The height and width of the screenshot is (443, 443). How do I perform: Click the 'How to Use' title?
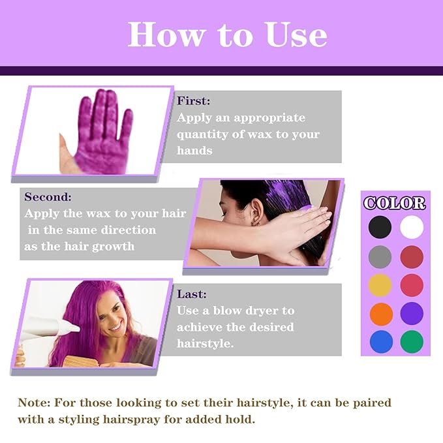pos(227,34)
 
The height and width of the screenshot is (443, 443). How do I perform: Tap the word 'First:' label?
pos(194,101)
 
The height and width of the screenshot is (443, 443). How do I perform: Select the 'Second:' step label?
pos(48,196)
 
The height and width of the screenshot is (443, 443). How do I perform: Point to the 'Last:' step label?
pos(191,294)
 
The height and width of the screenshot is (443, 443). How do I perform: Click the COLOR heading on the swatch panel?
pos(394,203)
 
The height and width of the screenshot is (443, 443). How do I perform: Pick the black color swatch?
pos(380,227)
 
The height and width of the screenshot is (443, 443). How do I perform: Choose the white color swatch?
pos(412,227)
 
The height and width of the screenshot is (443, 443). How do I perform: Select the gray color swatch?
pos(380,256)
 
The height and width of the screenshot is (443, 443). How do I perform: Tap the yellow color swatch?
pos(380,284)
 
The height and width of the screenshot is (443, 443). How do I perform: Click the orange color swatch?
pos(380,313)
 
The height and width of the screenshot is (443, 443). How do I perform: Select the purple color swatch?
pos(412,313)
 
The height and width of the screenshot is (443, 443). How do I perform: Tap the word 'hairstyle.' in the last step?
pos(205,343)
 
